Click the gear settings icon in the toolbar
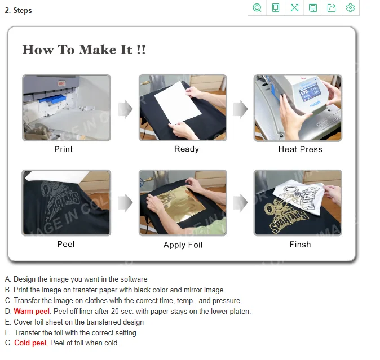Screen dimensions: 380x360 click(350, 8)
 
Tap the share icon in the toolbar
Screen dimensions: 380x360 click(332, 8)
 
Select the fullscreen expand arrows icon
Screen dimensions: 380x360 click(294, 8)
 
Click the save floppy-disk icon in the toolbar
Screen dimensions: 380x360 click(313, 8)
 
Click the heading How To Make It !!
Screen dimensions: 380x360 click(84, 50)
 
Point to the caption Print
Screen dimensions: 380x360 click(63, 149)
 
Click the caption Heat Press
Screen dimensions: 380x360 click(301, 149)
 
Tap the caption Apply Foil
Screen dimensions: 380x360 click(183, 245)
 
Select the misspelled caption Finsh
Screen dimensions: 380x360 click(300, 245)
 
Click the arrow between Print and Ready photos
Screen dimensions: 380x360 click(125, 109)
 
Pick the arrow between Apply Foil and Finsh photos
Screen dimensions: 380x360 click(240, 202)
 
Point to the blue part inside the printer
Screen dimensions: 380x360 click(52, 99)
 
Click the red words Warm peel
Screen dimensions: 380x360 click(32, 311)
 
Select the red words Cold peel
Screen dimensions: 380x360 click(30, 343)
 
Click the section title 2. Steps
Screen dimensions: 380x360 click(18, 10)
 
